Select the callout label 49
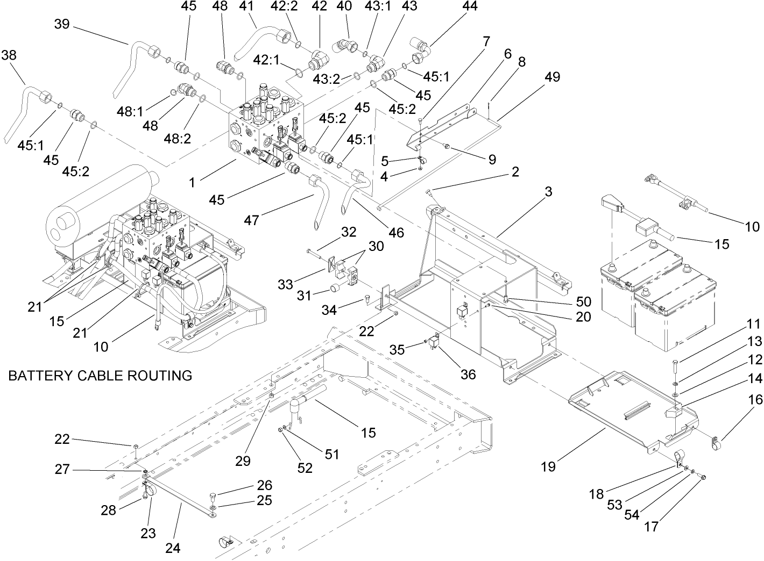552,77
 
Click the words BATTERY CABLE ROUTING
100,375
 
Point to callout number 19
548,466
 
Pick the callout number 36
468,374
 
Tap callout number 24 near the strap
173,548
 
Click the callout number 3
548,192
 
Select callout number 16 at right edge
755,399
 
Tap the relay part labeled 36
434,344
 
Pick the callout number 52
305,468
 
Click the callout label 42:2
295,6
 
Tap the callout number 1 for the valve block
192,183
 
